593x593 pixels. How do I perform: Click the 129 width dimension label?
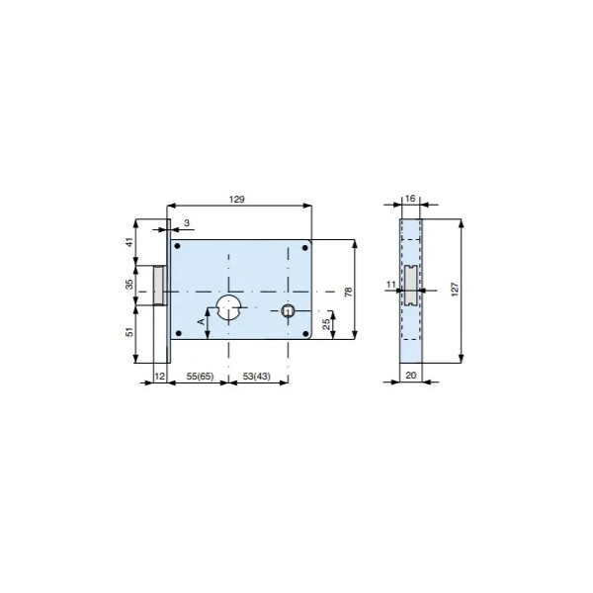coord(237,200)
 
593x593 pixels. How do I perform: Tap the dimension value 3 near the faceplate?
coord(187,223)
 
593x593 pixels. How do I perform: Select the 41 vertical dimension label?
coord(129,242)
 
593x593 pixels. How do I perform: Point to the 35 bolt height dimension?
coord(129,285)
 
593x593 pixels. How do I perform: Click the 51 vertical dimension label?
coord(129,332)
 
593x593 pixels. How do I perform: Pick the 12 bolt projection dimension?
coord(160,376)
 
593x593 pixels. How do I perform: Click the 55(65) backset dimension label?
coord(200,377)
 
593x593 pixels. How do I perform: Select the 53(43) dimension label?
coord(257,377)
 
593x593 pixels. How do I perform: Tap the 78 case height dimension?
coord(348,292)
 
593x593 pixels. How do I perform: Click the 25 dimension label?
coord(326,324)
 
